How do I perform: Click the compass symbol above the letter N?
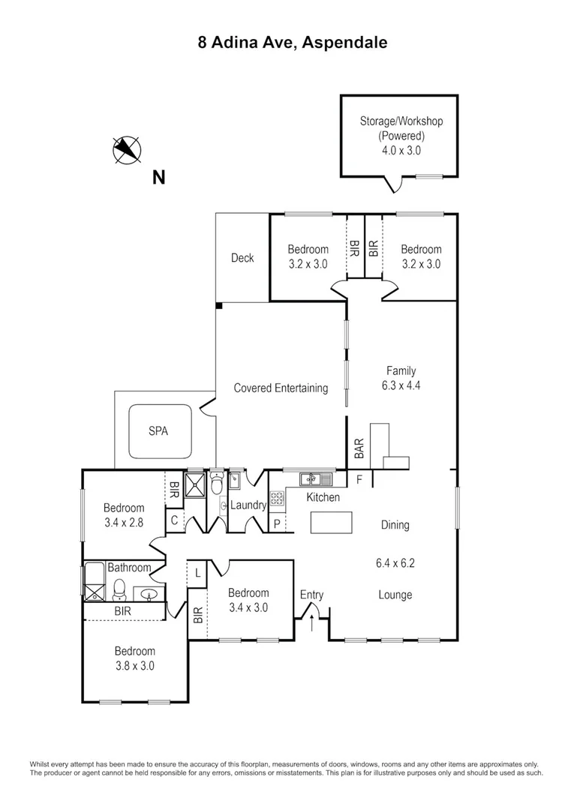click(126, 149)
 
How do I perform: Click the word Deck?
click(242, 258)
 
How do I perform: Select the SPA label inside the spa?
click(158, 432)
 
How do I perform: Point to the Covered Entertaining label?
click(281, 388)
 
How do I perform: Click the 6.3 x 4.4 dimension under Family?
click(401, 385)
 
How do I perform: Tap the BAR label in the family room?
click(359, 448)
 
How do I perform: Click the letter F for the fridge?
click(359, 479)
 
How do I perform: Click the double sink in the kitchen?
click(316, 478)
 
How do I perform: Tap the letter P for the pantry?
click(276, 524)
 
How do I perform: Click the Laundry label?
click(248, 505)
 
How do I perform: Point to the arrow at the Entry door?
click(312, 621)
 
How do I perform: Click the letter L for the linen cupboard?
click(197, 573)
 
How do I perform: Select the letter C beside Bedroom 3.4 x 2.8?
click(173, 520)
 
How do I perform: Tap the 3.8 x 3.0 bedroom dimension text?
click(134, 665)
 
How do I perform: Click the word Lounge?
click(395, 595)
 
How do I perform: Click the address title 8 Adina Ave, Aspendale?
click(293, 43)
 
